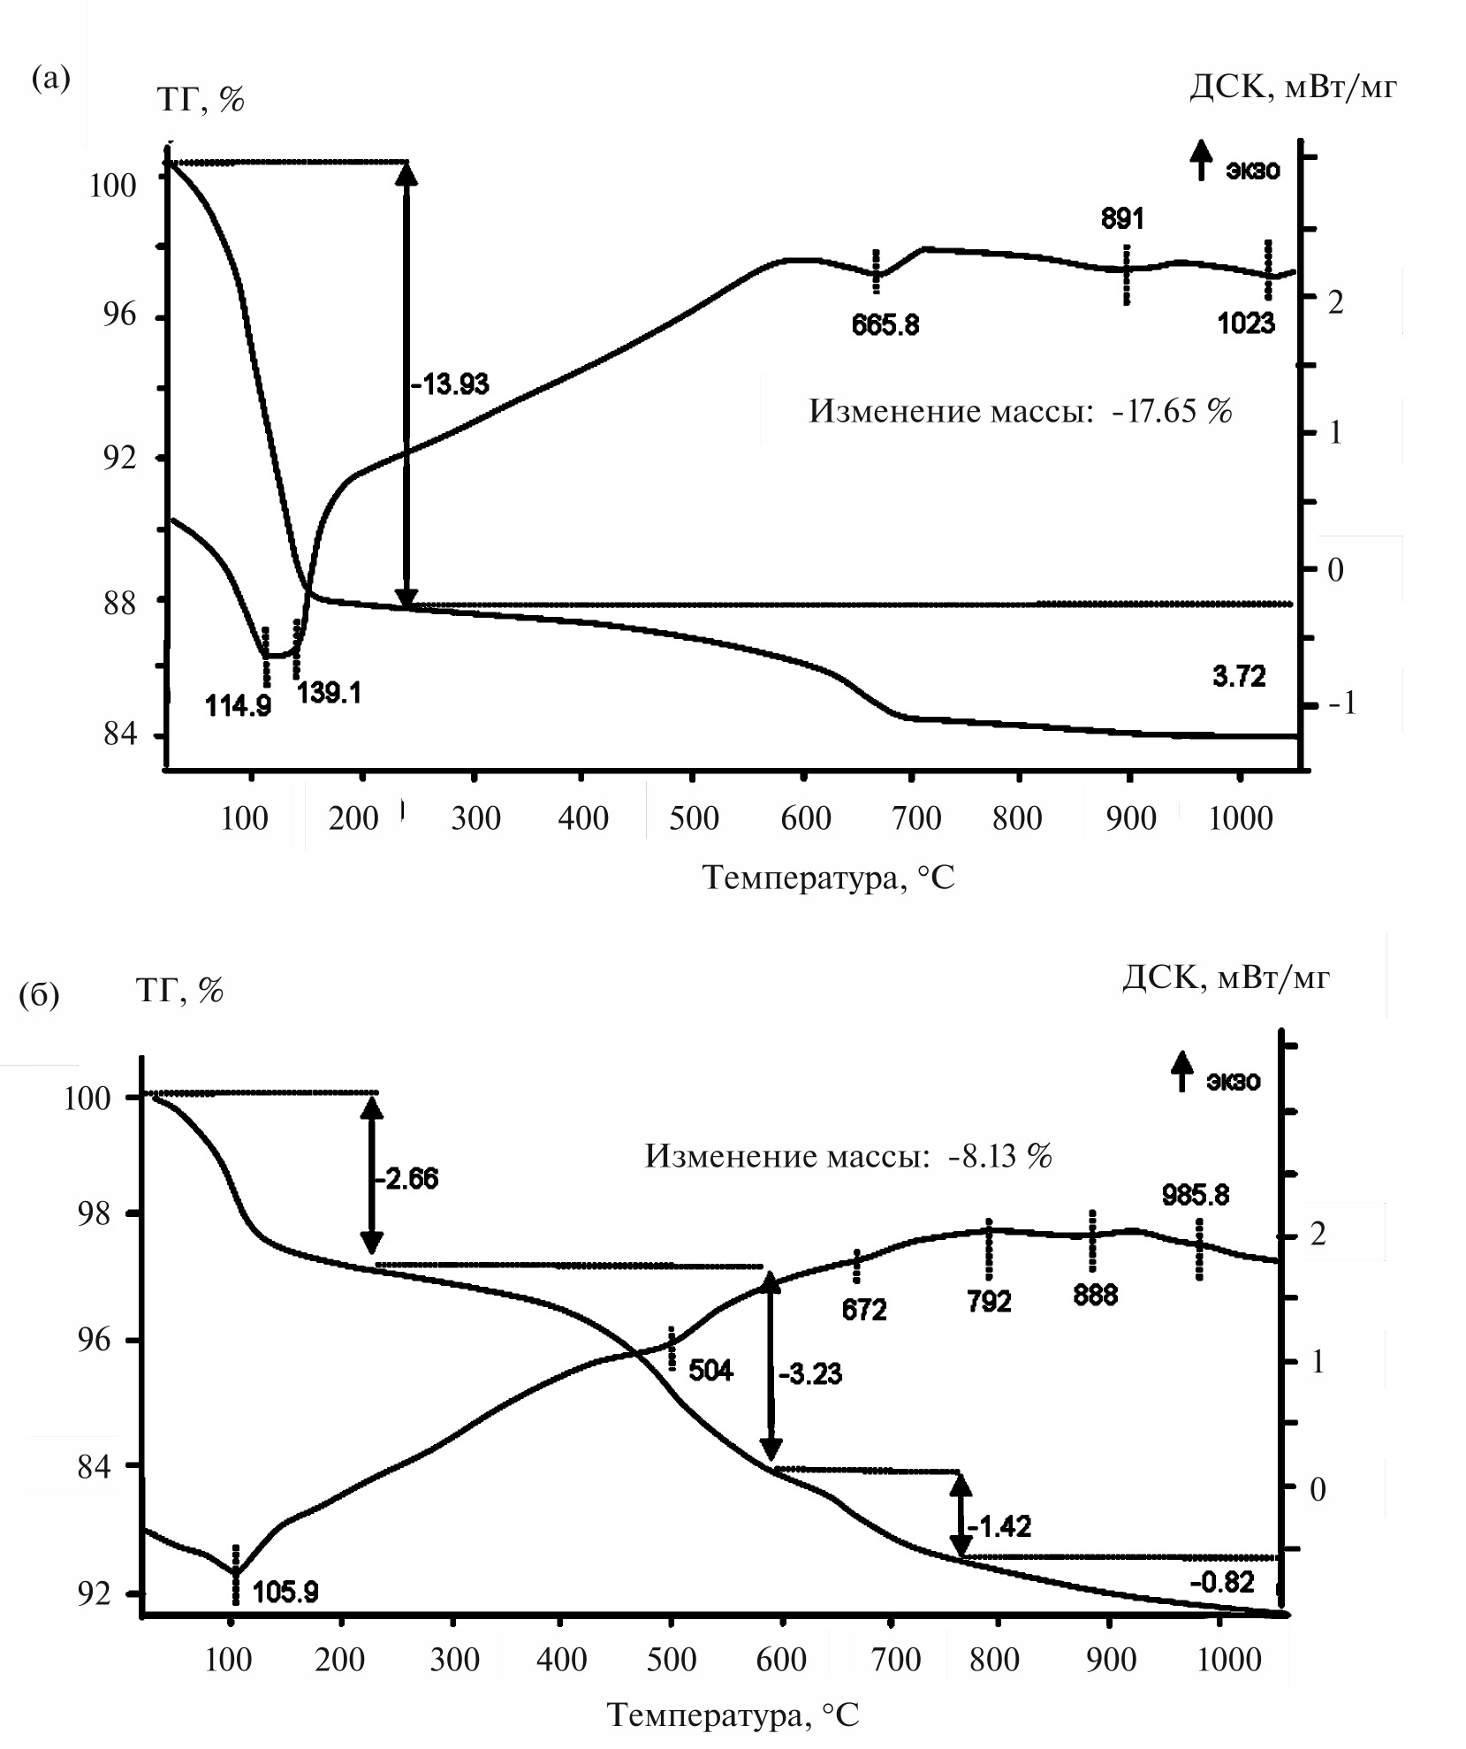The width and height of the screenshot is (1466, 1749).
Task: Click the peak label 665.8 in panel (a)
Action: tap(885, 325)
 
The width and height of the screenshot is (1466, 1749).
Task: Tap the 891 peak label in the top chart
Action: tap(1122, 218)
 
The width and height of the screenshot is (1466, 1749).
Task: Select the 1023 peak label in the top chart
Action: tap(1246, 323)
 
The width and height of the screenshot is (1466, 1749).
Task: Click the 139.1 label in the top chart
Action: tap(328, 692)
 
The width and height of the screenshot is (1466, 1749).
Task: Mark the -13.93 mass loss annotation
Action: tap(450, 384)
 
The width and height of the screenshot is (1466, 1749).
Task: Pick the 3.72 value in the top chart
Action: tap(1239, 677)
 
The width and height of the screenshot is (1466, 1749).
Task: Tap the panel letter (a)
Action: tap(50, 78)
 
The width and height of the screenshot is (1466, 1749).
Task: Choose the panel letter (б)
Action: tap(39, 995)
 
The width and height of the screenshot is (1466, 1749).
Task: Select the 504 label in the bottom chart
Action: tap(710, 1371)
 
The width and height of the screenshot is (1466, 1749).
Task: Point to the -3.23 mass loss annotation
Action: tap(810, 1374)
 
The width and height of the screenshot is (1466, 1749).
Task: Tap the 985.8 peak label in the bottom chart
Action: tap(1196, 1196)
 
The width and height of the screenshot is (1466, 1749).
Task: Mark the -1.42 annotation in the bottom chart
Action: tap(999, 1526)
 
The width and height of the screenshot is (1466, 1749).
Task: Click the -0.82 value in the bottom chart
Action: tap(1222, 1581)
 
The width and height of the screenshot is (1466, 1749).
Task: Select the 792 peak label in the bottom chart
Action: tap(989, 1301)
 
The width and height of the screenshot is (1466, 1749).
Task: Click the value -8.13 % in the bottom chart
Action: tap(1000, 1156)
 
